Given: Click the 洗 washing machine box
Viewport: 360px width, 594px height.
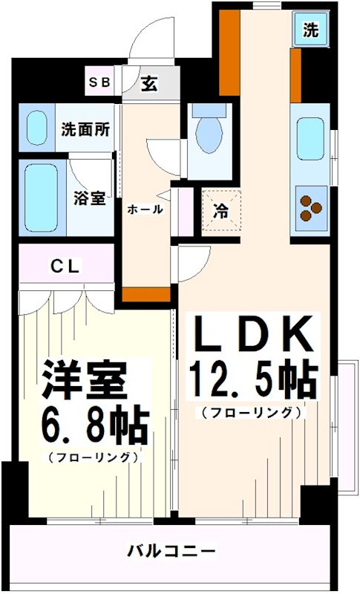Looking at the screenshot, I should [x=311, y=30].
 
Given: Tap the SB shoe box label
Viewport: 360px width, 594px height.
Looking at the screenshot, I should [x=100, y=83].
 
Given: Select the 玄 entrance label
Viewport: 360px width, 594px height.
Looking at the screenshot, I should [x=149, y=84].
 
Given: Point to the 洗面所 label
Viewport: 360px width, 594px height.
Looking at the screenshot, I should [x=85, y=128].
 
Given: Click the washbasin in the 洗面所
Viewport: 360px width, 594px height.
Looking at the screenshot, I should [x=36, y=128].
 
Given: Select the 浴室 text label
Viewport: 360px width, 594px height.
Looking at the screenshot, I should [x=89, y=198].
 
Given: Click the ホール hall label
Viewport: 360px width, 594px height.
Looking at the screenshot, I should [x=145, y=209].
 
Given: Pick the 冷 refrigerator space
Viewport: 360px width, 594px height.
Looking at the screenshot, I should [x=220, y=210].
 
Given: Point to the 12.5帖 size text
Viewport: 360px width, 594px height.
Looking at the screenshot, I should [x=252, y=380].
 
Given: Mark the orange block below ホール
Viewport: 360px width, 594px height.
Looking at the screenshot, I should [x=146, y=294].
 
